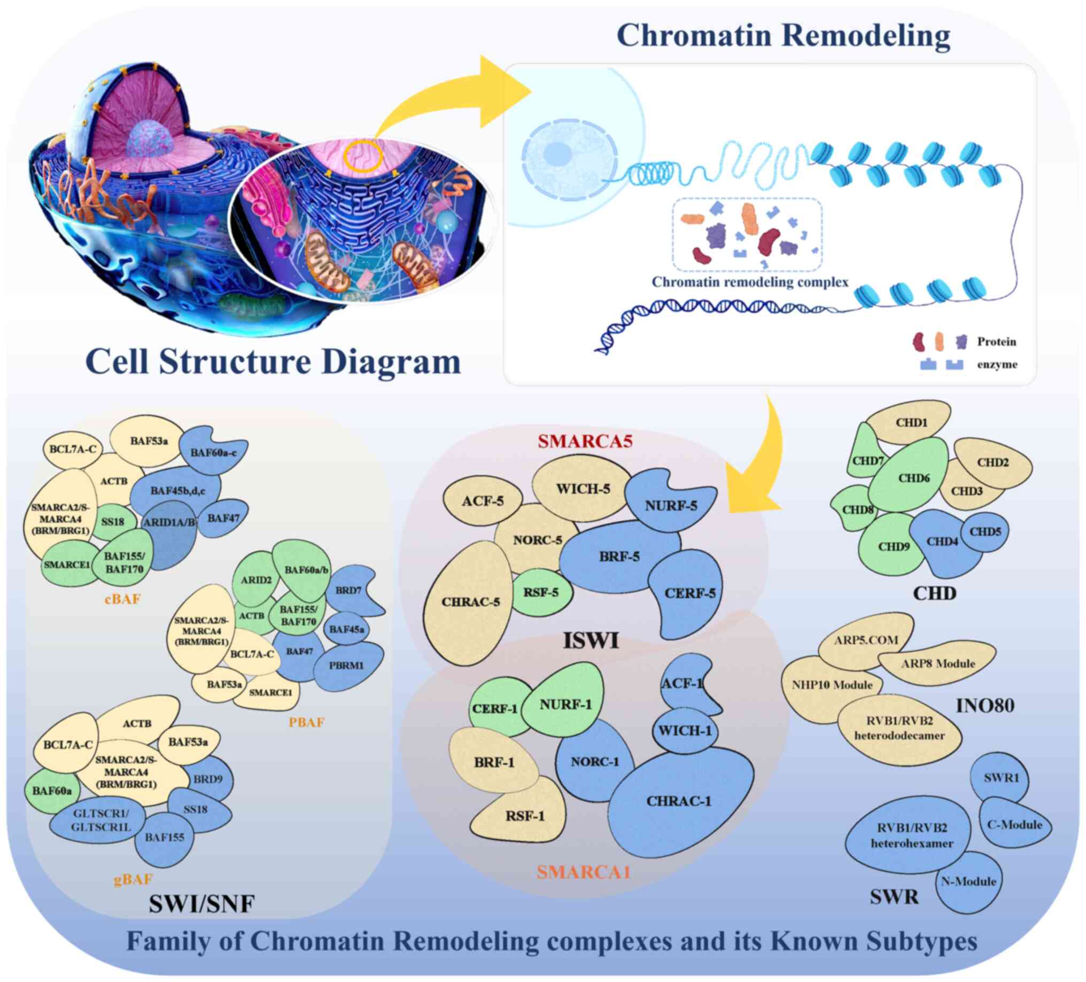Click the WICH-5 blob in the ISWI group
[583, 488]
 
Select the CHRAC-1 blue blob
[679, 801]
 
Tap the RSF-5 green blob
[541, 592]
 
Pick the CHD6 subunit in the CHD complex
[913, 478]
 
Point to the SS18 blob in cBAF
[113, 521]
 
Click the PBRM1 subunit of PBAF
[346, 665]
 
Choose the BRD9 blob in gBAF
[208, 779]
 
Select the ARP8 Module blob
[938, 663]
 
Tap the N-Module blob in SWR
[968, 882]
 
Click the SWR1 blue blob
[1001, 778]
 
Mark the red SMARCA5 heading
[585, 441]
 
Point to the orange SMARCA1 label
[584, 871]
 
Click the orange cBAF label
[123, 599]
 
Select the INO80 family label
[985, 705]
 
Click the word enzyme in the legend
[997, 364]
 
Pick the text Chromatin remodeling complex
[750, 282]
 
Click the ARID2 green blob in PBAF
[256, 580]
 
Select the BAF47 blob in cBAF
[223, 518]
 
